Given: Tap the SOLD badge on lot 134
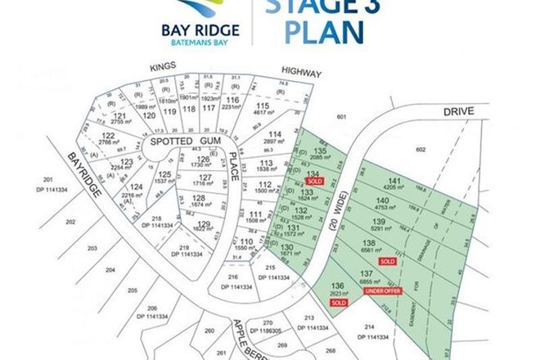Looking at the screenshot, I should (x=314, y=180).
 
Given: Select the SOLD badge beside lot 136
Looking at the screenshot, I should (x=338, y=302).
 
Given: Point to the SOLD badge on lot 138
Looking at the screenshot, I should (x=387, y=261).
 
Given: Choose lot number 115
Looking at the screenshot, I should (x=263, y=106).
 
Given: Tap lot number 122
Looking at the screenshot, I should (x=106, y=135).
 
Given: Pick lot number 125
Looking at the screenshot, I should (x=164, y=174).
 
